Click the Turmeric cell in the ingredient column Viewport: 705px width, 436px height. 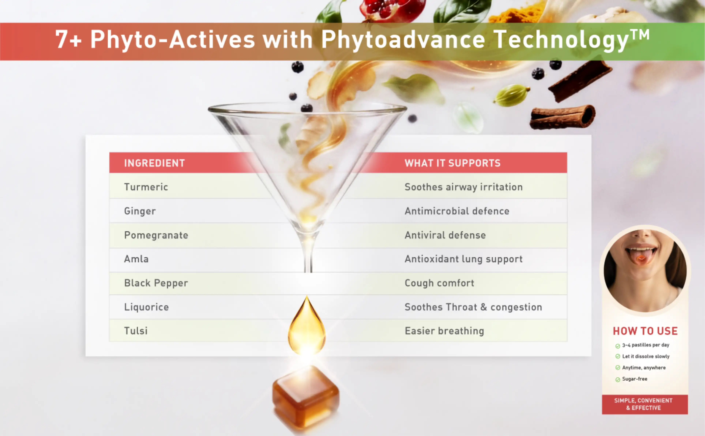[x=146, y=187]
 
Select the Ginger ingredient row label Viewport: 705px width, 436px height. [x=140, y=211]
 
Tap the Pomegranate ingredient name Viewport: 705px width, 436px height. [x=156, y=235]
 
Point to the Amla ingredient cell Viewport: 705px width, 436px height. [x=136, y=259]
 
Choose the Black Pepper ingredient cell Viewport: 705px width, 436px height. [x=156, y=283]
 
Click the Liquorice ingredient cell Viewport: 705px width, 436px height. [x=146, y=307]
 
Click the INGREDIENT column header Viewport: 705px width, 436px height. [x=154, y=163]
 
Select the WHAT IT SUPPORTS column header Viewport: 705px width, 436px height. [x=452, y=163]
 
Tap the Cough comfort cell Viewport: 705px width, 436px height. [x=439, y=283]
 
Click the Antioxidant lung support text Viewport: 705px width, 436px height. [x=463, y=259]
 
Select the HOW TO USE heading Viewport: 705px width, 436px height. [x=645, y=331]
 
